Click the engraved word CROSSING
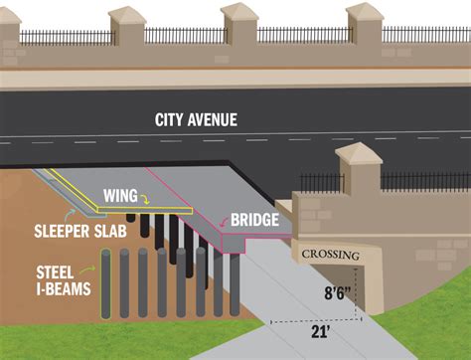(x=330, y=255)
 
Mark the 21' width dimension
(x=321, y=333)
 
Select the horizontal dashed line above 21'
(x=318, y=320)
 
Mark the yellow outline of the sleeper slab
(x=70, y=189)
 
